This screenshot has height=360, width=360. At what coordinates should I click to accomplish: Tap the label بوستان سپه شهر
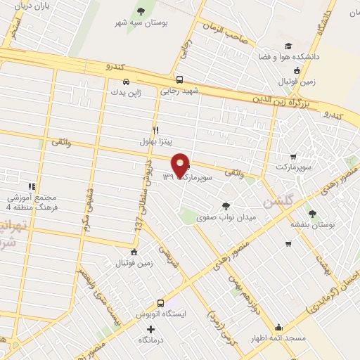[x=142, y=22]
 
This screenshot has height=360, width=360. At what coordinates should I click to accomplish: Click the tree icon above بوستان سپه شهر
[x=141, y=11]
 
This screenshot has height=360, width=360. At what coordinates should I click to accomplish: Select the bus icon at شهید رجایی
[x=180, y=79]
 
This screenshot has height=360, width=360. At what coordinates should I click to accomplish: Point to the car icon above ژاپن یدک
[x=125, y=80]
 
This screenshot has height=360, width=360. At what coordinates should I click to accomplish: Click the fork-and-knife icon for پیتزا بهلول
[x=156, y=130]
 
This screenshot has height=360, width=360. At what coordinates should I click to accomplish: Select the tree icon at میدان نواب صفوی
[x=225, y=206]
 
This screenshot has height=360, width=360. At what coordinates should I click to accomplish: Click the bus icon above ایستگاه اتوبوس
[x=160, y=303]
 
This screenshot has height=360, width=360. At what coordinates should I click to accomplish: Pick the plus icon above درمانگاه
[x=150, y=329]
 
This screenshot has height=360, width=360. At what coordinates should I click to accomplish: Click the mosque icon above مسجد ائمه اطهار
[x=279, y=328]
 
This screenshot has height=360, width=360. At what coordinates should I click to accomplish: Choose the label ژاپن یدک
[x=126, y=91]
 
